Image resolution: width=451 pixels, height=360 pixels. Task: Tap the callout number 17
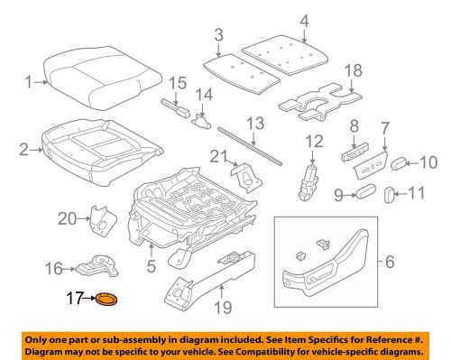click(x=74, y=298)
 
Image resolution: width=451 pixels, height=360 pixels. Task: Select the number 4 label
click(x=304, y=22)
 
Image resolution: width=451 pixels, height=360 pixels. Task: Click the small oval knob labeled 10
click(x=399, y=163)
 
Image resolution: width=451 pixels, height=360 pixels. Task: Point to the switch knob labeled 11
click(x=389, y=195)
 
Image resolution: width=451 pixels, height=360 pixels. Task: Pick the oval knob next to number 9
click(x=365, y=191)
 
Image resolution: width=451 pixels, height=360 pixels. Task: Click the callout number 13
click(x=255, y=124)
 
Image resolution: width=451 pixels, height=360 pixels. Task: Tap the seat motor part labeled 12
click(x=308, y=183)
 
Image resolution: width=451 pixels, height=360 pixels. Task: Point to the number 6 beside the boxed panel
click(x=390, y=262)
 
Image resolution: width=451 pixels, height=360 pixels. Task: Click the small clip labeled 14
click(x=201, y=122)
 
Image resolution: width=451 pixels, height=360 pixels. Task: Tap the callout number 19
click(x=223, y=308)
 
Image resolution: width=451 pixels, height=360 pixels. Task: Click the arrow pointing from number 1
click(x=41, y=82)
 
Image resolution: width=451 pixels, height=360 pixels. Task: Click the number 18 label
click(x=354, y=71)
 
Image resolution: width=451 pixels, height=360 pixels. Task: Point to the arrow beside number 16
click(x=69, y=269)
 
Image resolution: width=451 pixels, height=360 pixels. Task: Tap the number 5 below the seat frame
click(x=152, y=265)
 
